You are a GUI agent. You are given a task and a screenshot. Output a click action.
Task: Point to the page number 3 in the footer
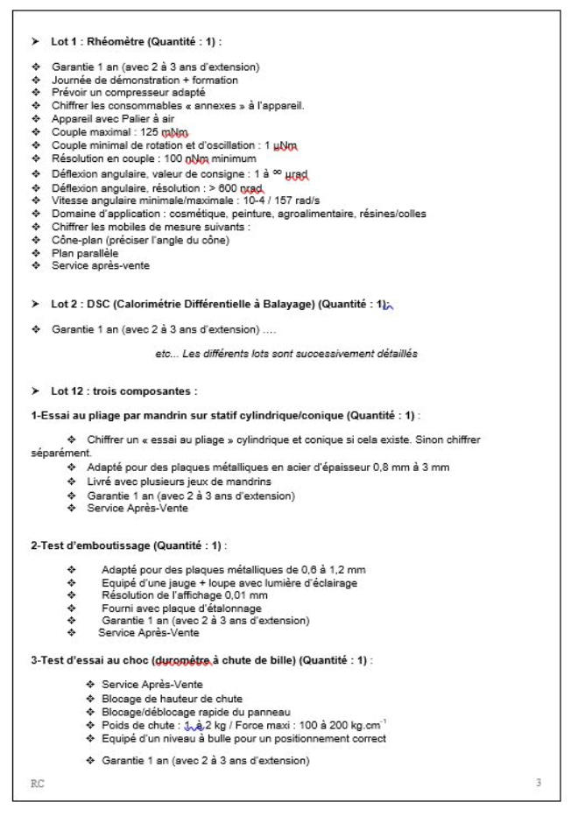coord(538,782)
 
